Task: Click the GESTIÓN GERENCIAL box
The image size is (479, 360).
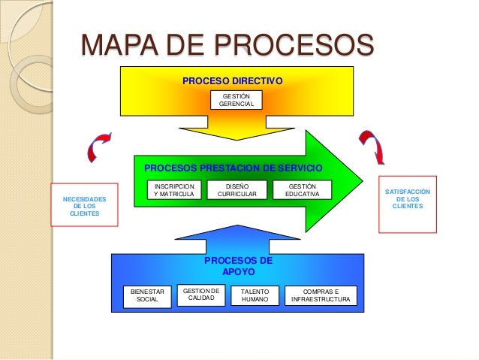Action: click(236, 99)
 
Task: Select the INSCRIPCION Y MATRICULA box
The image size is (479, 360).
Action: click(173, 190)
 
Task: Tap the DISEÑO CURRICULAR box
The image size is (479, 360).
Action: click(236, 190)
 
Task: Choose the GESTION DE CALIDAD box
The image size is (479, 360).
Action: click(200, 294)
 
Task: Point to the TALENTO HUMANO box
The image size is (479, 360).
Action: click(255, 295)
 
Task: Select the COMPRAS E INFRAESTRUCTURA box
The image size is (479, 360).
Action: click(321, 295)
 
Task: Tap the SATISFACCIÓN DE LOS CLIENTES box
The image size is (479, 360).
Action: click(407, 198)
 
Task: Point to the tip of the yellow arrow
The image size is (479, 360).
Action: click(236, 140)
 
